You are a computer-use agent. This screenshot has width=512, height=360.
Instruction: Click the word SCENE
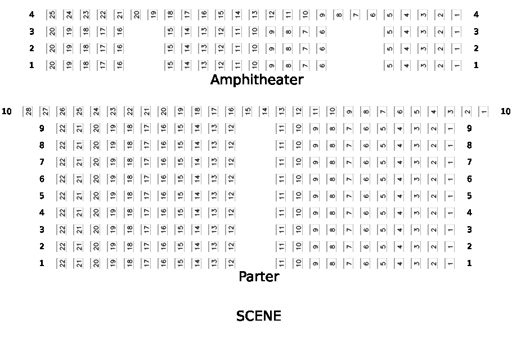click(x=258, y=316)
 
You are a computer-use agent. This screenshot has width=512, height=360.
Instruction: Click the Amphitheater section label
click(x=257, y=80)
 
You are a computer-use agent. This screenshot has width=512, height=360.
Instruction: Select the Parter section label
click(x=259, y=277)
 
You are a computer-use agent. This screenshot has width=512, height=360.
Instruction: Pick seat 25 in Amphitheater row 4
click(x=52, y=15)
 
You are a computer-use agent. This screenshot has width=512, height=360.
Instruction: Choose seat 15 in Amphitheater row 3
click(x=170, y=31)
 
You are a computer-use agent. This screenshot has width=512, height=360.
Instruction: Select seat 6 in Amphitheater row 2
click(x=322, y=48)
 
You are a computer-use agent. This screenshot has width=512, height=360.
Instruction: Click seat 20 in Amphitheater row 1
click(x=52, y=65)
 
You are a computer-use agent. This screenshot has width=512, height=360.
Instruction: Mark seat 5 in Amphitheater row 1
click(x=389, y=65)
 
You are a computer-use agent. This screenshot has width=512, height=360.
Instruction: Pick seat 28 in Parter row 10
click(x=28, y=111)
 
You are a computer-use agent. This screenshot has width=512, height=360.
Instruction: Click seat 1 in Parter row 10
click(x=484, y=111)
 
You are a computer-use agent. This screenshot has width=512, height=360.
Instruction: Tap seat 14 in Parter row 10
click(x=264, y=111)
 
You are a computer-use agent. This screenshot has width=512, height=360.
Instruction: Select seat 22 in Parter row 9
click(x=62, y=128)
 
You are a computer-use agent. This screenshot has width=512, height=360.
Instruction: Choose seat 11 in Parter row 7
click(x=281, y=162)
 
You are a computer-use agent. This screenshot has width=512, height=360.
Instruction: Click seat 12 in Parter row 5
click(x=231, y=196)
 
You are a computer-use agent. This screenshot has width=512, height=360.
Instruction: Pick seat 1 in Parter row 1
click(x=450, y=263)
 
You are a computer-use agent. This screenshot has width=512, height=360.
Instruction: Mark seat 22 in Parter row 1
click(x=62, y=263)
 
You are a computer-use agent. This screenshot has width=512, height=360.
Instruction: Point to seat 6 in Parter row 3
click(x=366, y=229)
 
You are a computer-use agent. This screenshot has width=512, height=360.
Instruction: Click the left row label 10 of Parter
click(x=7, y=111)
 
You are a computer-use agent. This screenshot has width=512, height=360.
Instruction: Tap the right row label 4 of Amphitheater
click(x=476, y=15)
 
